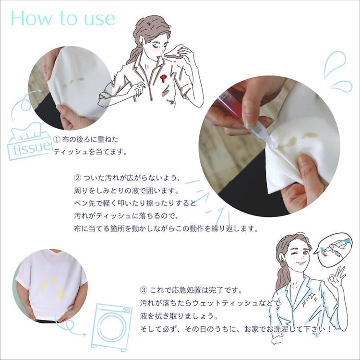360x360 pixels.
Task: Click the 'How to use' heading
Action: tap(63, 18)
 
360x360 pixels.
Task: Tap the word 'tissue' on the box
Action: tap(32, 148)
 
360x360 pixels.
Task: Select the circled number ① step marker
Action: tap(57, 139)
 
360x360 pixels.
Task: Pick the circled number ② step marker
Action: tap(77, 178)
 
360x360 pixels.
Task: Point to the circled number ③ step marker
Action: tap(144, 290)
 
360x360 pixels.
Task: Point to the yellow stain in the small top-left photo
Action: tap(73, 82)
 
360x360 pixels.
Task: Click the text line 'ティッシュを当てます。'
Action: tap(90, 152)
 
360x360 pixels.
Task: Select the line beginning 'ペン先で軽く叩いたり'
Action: tap(135, 204)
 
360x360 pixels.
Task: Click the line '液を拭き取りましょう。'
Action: tap(179, 316)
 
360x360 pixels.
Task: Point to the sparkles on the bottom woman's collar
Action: tap(310, 299)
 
